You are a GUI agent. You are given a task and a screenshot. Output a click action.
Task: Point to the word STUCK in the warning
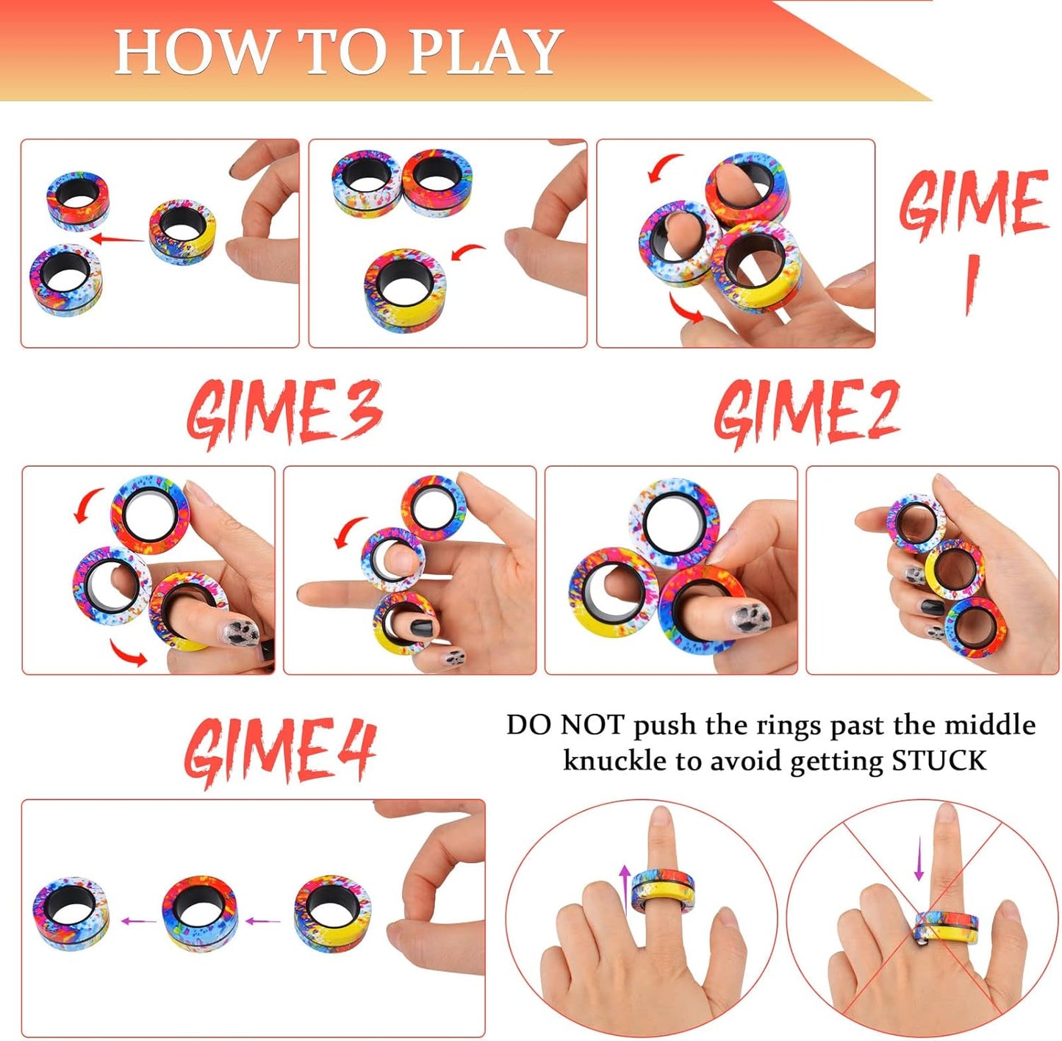939,760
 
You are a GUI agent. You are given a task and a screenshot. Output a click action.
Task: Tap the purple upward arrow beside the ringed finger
625,886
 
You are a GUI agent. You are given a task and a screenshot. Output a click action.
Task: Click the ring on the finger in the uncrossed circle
662,890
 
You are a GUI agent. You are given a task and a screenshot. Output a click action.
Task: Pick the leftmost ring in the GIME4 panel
71,914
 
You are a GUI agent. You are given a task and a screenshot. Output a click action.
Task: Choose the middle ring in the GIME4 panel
199,914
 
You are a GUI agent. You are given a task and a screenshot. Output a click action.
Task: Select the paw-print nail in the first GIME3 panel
242,631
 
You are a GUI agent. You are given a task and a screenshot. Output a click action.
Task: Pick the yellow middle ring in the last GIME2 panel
954,570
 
